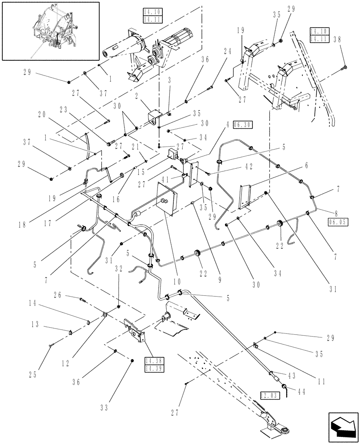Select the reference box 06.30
pyautogui.click(x=244, y=125)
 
